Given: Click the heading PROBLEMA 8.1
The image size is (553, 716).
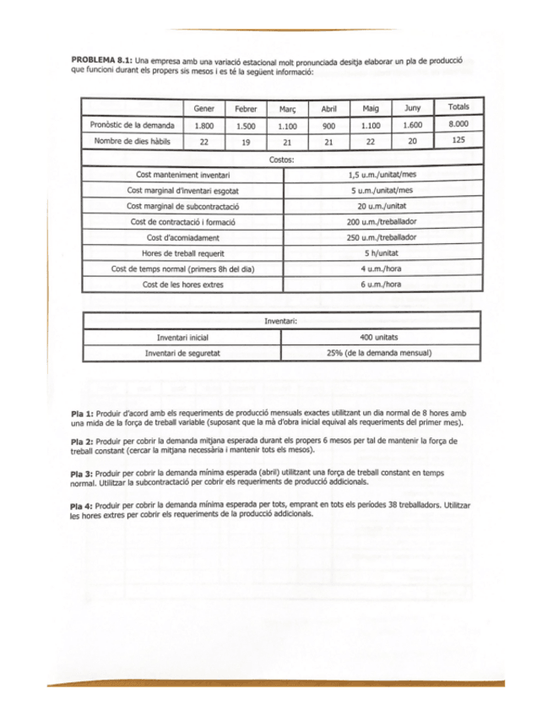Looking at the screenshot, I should coord(102,62).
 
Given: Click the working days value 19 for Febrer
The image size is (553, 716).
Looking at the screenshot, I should coord(245,142).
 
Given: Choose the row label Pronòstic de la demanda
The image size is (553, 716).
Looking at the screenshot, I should coord(132,125).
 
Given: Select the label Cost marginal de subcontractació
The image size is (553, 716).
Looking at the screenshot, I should coord(183,206).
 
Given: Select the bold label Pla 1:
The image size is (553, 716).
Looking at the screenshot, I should coord(84,412).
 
